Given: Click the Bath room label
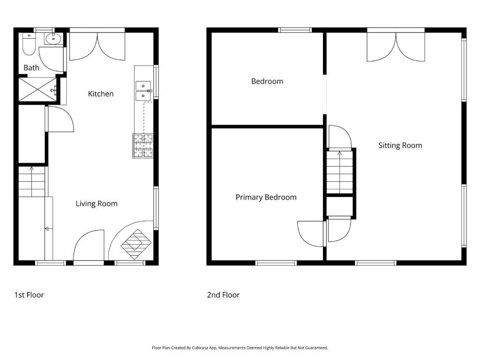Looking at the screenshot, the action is click(x=31, y=67).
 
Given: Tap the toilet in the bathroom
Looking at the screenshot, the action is click(x=29, y=45).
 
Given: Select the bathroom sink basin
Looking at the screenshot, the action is click(x=54, y=39).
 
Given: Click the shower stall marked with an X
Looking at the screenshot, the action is click(x=37, y=90).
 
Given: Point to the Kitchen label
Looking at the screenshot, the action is click(x=101, y=94).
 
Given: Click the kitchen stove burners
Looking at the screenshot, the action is click(x=143, y=146).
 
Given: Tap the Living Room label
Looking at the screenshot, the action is click(x=97, y=203).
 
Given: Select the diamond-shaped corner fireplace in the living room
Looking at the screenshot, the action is click(x=136, y=244).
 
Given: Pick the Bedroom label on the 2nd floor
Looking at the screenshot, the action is click(x=267, y=82).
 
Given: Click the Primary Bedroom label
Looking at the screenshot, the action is click(x=266, y=197).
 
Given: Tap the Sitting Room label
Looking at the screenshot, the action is click(x=400, y=145).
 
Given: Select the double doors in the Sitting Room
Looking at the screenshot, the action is click(x=396, y=46).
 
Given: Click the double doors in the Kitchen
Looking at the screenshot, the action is click(x=97, y=46).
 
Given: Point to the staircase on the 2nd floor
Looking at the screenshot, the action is click(x=340, y=172).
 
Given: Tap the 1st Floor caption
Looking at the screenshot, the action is click(x=29, y=295).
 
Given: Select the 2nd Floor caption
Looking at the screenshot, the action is click(x=223, y=295).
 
